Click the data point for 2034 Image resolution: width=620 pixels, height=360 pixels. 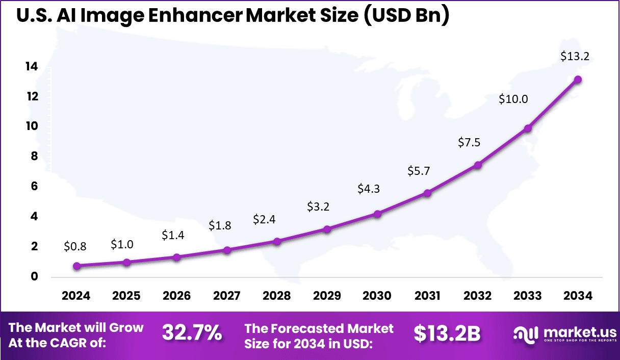point(578,80)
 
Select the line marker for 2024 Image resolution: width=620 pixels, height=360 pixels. point(76,266)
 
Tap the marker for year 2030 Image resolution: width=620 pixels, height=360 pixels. point(377,214)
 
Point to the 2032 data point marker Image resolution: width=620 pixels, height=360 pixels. point(478,165)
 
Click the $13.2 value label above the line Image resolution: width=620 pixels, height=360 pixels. point(575,57)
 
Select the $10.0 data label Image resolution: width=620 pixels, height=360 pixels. point(513,99)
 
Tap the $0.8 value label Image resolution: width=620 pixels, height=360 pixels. point(75,247)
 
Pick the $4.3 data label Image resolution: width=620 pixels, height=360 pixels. point(368,189)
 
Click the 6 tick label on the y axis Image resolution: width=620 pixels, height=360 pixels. point(34,187)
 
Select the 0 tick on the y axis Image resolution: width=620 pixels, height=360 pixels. point(34,277)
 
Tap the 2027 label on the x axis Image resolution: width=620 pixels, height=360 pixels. point(226,296)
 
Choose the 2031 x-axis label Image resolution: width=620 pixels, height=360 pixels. point(427,296)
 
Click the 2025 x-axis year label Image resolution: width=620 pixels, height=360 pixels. point(126,296)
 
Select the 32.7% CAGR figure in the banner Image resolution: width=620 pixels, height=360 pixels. point(192,333)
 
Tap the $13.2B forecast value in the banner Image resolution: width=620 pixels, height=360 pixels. point(447,333)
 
